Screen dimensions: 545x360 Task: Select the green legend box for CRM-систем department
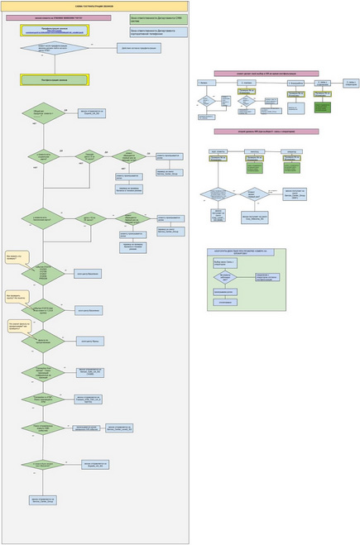pos(158,19)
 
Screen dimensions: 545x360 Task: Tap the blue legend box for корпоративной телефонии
pos(158,31)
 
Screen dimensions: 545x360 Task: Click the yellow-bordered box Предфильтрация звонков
pos(55,30)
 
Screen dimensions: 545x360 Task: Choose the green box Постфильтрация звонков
pos(55,79)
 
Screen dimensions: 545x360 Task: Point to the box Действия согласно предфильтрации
pos(139,48)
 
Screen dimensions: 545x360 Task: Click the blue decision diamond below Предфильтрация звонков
pos(55,48)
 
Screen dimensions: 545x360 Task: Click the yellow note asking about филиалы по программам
pos(17,325)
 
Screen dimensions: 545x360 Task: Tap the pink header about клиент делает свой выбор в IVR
pos(266,74)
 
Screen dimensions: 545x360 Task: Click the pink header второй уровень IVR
pos(266,131)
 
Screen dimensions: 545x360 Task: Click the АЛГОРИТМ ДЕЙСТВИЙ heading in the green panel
pos(246,251)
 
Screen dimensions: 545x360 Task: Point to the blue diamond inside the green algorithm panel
pos(225,277)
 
